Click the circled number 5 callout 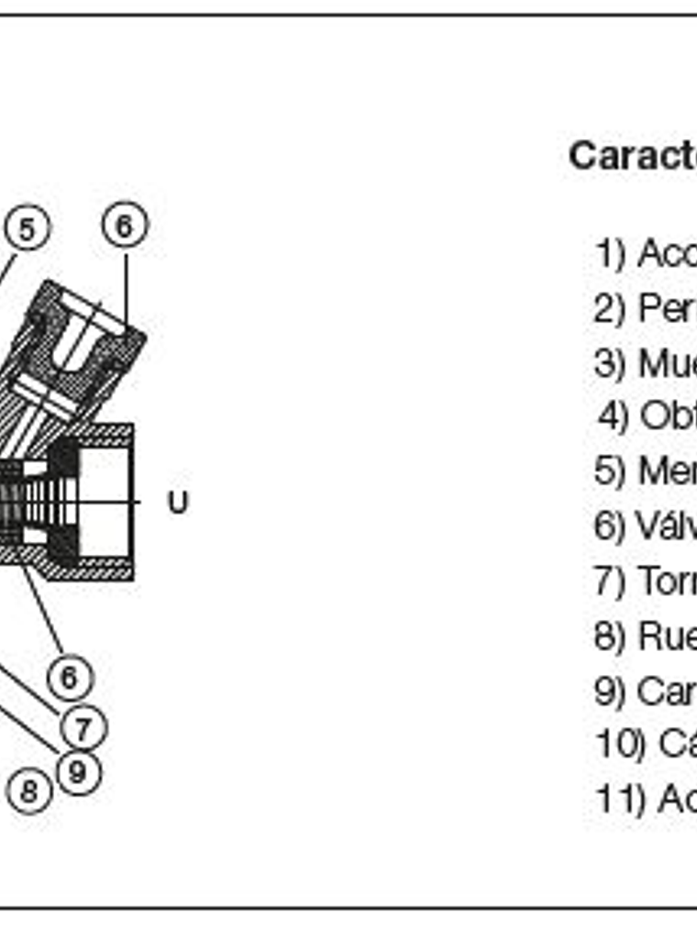pyautogui.click(x=27, y=228)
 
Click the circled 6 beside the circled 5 pyautogui.click(x=125, y=225)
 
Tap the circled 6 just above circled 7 pyautogui.click(x=70, y=679)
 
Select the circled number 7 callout pyautogui.click(x=83, y=729)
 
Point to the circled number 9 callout pyautogui.click(x=78, y=771)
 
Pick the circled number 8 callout pyautogui.click(x=29, y=791)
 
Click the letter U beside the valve pyautogui.click(x=177, y=503)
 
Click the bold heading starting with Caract pyautogui.click(x=632, y=156)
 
